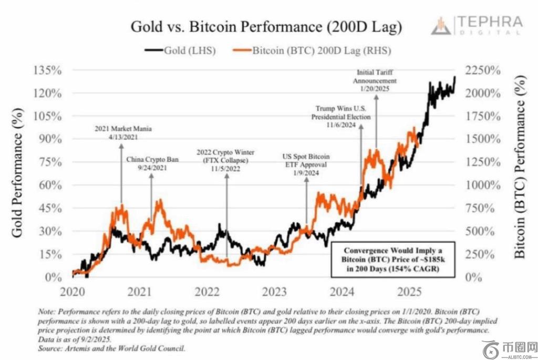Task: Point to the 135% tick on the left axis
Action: pyautogui.click(x=48, y=70)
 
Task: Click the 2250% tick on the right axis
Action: pyautogui.click(x=481, y=70)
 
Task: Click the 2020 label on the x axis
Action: pyautogui.click(x=72, y=291)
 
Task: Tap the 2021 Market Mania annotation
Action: pyautogui.click(x=120, y=132)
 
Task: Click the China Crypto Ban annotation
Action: pyautogui.click(x=151, y=163)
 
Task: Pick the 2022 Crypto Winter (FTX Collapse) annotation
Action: pyautogui.click(x=226, y=160)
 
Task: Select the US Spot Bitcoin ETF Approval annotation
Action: pyautogui.click(x=306, y=164)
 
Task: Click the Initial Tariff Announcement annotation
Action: pyautogui.click(x=375, y=81)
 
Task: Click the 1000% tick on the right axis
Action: pyautogui.click(x=481, y=185)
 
